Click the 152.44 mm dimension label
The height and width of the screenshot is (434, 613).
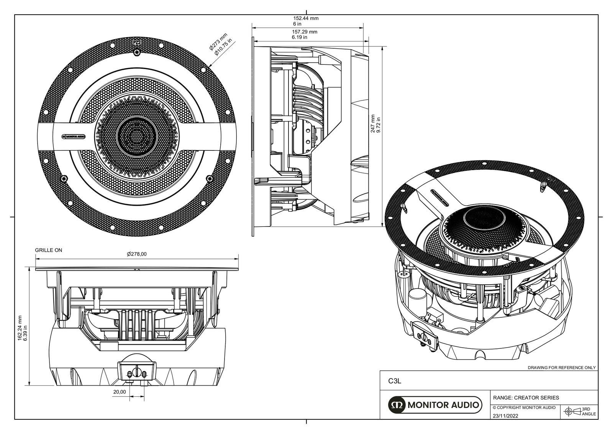306,18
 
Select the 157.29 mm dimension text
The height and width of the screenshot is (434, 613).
305,32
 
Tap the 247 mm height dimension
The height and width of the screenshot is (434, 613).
373,124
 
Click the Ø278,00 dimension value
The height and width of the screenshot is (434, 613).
137,254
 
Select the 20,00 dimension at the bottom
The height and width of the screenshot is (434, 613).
119,392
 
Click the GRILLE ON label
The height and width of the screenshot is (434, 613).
48,250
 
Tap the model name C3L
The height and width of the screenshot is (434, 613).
394,381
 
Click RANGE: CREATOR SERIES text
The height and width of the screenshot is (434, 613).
526,398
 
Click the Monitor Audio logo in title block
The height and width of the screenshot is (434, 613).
434,405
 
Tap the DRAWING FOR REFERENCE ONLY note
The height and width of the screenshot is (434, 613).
562,368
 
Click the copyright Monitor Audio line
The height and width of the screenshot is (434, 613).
524,408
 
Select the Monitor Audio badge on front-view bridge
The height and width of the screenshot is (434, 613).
73,136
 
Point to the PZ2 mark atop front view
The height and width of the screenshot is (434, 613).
136,43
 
